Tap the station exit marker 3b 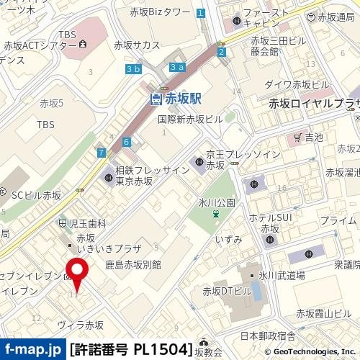coord(132,69)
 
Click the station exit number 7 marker coord(102,152)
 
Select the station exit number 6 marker coord(126,142)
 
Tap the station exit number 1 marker coord(201,12)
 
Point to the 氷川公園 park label coord(217,203)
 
